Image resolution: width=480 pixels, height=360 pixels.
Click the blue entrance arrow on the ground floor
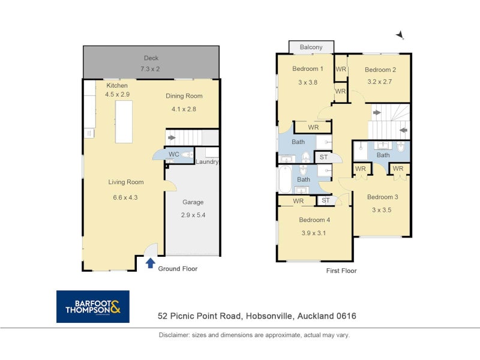150,263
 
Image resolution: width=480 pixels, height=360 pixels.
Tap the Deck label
151,58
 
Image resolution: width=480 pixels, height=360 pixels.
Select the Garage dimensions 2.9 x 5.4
193,215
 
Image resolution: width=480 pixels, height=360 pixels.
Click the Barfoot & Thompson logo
93,307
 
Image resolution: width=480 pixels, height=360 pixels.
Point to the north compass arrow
400,35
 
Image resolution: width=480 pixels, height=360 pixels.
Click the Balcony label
311,47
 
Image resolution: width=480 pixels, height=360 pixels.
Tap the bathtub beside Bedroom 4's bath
285,179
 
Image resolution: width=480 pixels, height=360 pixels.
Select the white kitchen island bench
124,122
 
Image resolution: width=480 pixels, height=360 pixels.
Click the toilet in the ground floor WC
187,155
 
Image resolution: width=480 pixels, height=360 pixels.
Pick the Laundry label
207,161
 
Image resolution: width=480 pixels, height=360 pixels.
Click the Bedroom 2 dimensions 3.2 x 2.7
380,82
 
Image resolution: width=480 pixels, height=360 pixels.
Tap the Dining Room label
184,96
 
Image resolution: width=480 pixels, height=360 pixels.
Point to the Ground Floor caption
178,268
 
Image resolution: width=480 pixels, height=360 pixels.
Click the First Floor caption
341,271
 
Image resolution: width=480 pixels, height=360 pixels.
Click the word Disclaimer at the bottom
173,335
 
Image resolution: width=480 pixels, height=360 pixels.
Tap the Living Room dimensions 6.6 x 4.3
125,197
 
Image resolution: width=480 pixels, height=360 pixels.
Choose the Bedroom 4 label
314,220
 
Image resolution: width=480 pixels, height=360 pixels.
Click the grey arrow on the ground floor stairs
172,138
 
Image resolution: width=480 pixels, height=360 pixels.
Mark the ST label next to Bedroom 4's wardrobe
325,200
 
